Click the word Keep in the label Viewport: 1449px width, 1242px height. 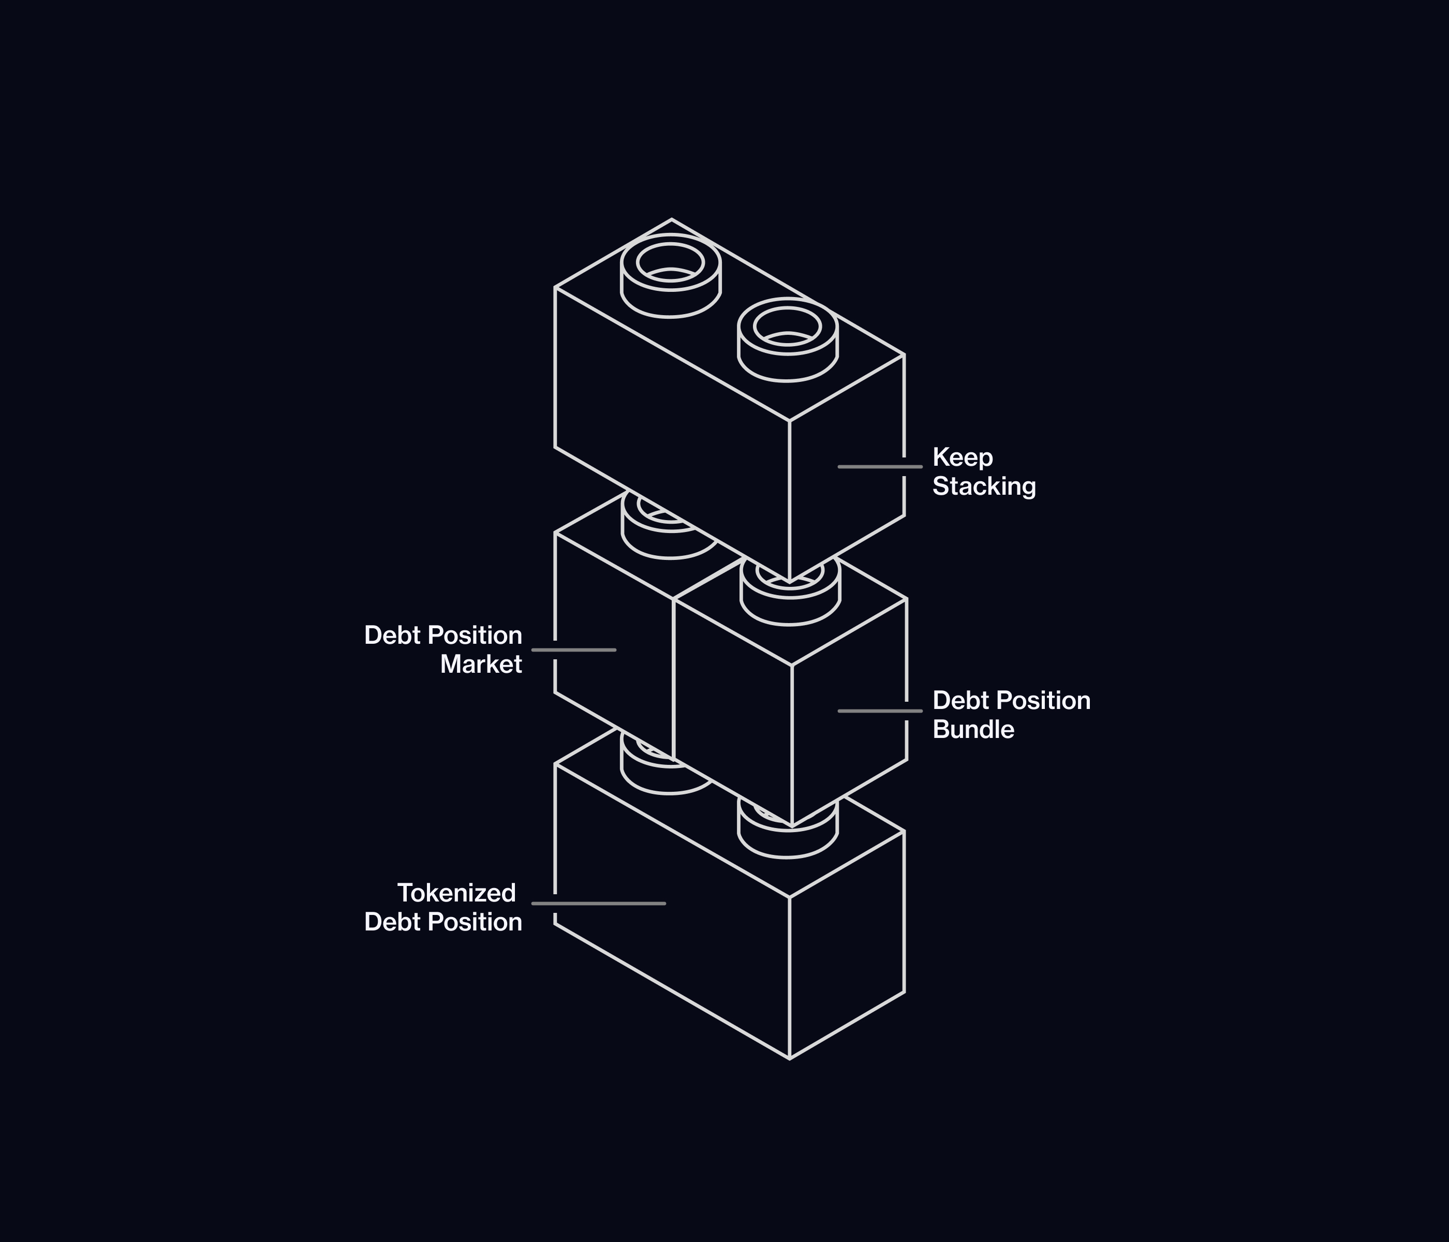coord(962,457)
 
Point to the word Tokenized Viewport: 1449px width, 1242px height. coord(456,893)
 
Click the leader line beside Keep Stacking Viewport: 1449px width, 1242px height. coord(880,466)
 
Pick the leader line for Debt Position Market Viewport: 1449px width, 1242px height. coord(573,649)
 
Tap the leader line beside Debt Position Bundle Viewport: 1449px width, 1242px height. coord(880,711)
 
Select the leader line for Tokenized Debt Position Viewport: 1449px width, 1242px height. coord(598,904)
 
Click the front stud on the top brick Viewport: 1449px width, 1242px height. coord(788,340)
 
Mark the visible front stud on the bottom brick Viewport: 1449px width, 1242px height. coord(788,839)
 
